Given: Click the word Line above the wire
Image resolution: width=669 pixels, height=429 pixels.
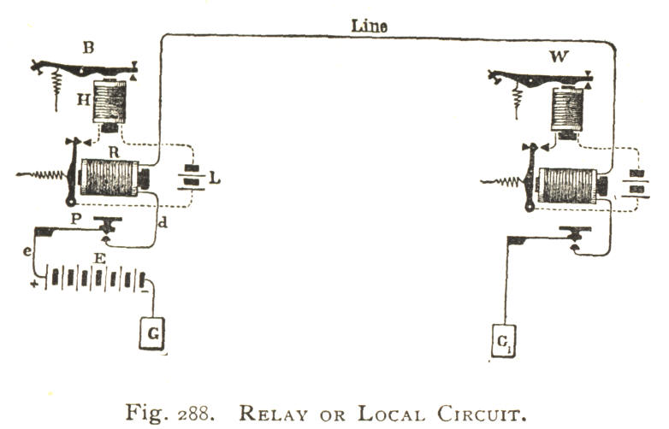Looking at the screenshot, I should (x=370, y=26).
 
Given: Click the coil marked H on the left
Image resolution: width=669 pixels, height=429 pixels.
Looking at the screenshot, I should (x=109, y=102).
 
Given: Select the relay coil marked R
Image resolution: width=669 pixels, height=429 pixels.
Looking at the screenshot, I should (x=109, y=178).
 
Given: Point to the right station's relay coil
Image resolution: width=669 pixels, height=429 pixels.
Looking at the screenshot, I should (x=569, y=185).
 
